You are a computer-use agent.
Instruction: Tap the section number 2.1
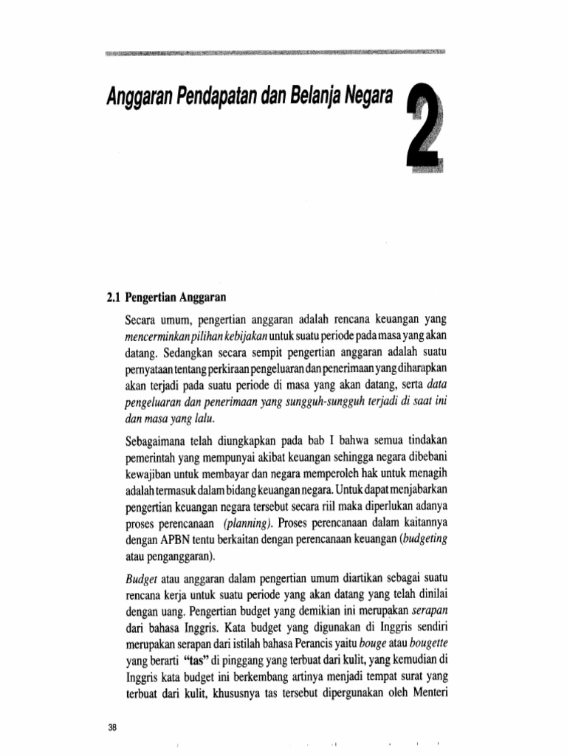pyautogui.click(x=114, y=299)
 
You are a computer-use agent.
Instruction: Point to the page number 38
pyautogui.click(x=113, y=727)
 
